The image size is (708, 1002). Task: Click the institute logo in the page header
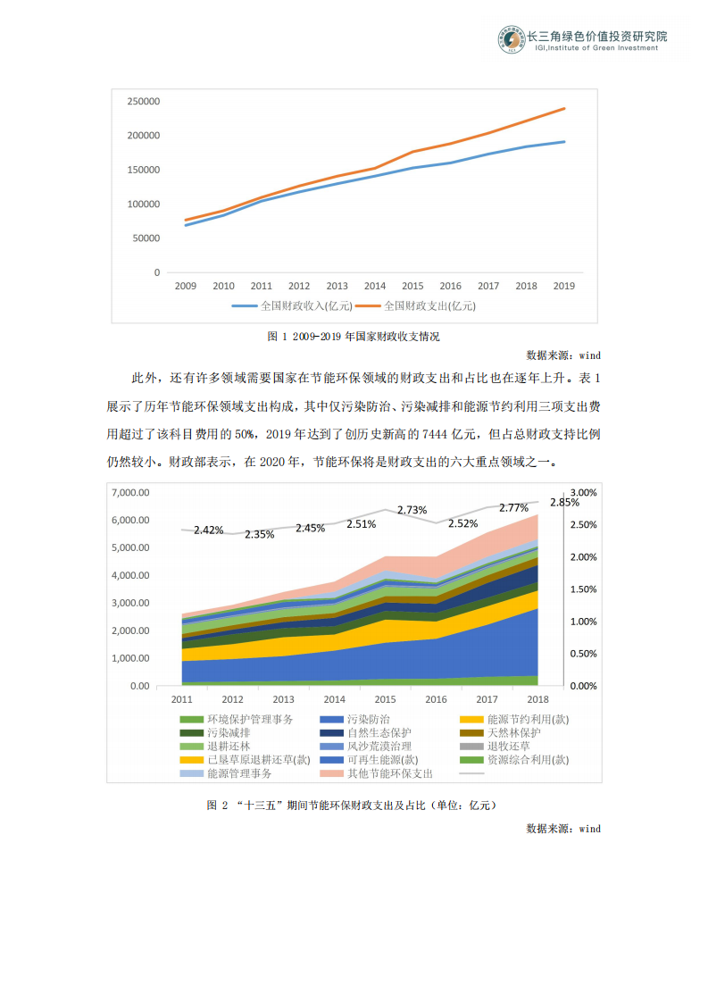[512, 40]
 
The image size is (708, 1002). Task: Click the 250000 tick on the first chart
[143, 102]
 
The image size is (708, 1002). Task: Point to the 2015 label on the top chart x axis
[412, 287]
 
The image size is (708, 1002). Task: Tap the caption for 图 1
[354, 337]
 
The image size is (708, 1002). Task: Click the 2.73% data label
[412, 510]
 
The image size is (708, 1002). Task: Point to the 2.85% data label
[564, 503]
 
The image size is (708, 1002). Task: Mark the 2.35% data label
[259, 534]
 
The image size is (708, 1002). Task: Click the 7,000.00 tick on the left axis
[129, 493]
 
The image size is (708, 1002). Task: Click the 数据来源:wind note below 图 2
[563, 829]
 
